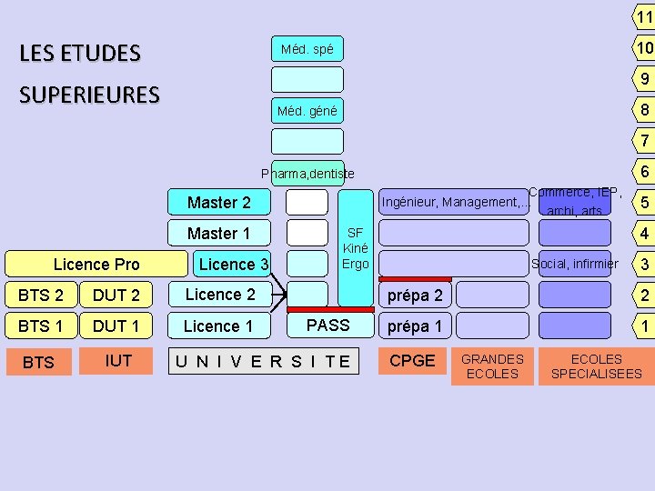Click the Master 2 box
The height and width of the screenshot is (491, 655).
218,202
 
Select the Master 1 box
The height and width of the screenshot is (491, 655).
218,234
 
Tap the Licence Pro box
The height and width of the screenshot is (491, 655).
96,265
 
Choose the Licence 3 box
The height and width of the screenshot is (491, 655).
233,265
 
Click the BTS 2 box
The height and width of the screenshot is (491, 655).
41,296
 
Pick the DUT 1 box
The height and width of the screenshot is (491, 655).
116,326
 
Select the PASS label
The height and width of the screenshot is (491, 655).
327,325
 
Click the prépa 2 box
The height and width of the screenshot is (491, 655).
415,296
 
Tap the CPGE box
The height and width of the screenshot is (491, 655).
412,361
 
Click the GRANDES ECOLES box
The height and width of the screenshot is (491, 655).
492,366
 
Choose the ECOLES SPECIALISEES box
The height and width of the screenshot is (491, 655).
596,366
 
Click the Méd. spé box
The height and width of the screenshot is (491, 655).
307,49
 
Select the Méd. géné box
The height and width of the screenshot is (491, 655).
307,112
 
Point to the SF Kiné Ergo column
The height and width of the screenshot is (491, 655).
355,248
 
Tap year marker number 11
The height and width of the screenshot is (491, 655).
643,16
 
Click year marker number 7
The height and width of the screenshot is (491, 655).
643,141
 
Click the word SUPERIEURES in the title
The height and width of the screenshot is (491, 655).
89,95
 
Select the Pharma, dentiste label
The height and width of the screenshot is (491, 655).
307,174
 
